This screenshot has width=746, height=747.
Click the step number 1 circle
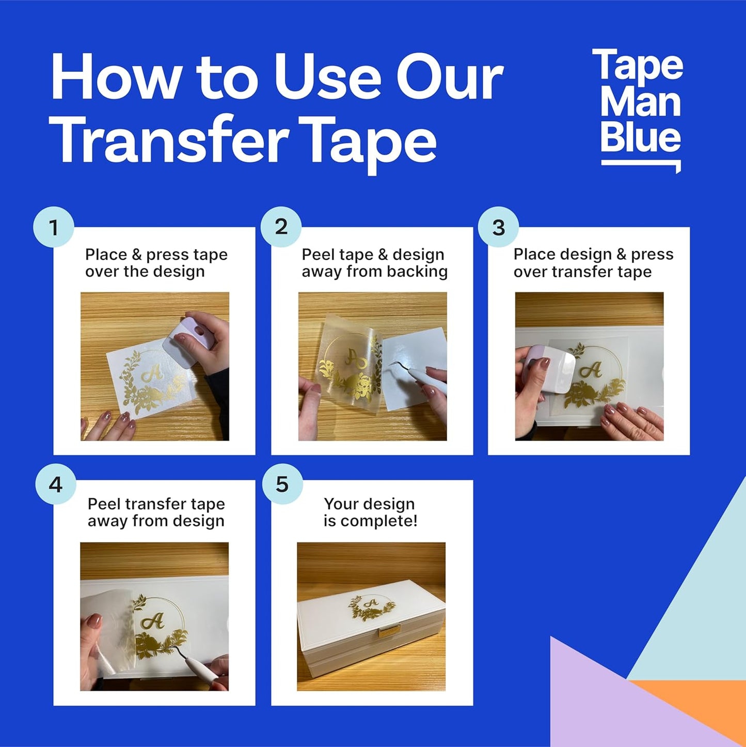click(x=54, y=227)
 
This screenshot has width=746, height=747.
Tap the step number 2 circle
click(x=281, y=227)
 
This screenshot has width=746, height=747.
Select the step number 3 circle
click(x=498, y=227)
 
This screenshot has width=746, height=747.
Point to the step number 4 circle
click(x=56, y=485)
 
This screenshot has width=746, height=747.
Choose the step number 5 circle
click(x=282, y=484)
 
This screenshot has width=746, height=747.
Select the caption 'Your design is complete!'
click(x=370, y=512)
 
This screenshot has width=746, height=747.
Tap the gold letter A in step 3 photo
click(x=591, y=369)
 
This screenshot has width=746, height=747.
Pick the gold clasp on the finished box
click(x=389, y=631)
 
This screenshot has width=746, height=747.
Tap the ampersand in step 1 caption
click(x=136, y=255)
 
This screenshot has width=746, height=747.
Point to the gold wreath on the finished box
click(x=371, y=608)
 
